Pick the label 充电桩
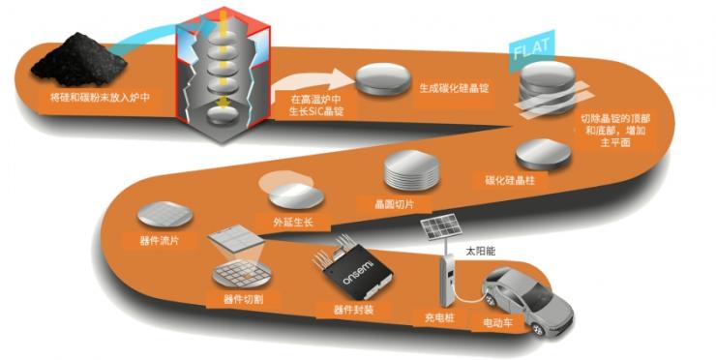[439, 315]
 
